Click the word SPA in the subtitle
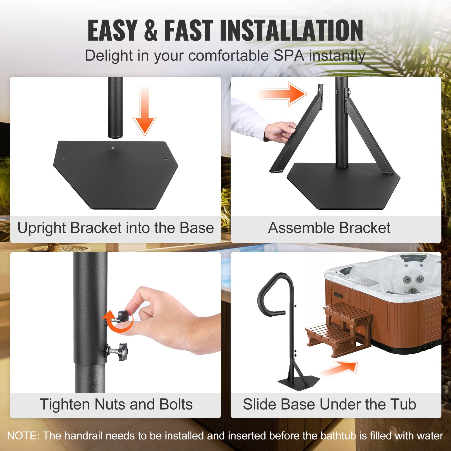click(x=289, y=55)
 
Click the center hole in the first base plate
click(x=113, y=148)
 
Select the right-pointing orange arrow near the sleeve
click(x=283, y=94)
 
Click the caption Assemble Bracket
click(x=329, y=228)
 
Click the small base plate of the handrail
click(x=299, y=382)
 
